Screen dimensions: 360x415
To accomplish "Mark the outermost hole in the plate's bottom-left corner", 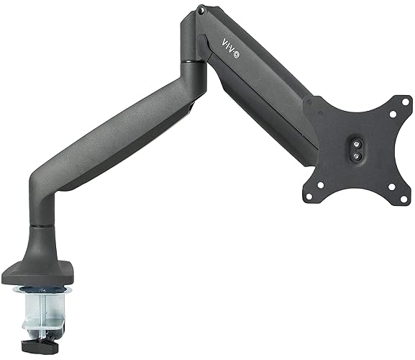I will pyautogui.click(x=309, y=192).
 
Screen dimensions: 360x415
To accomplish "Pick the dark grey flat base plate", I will pyautogui.click(x=43, y=274).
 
